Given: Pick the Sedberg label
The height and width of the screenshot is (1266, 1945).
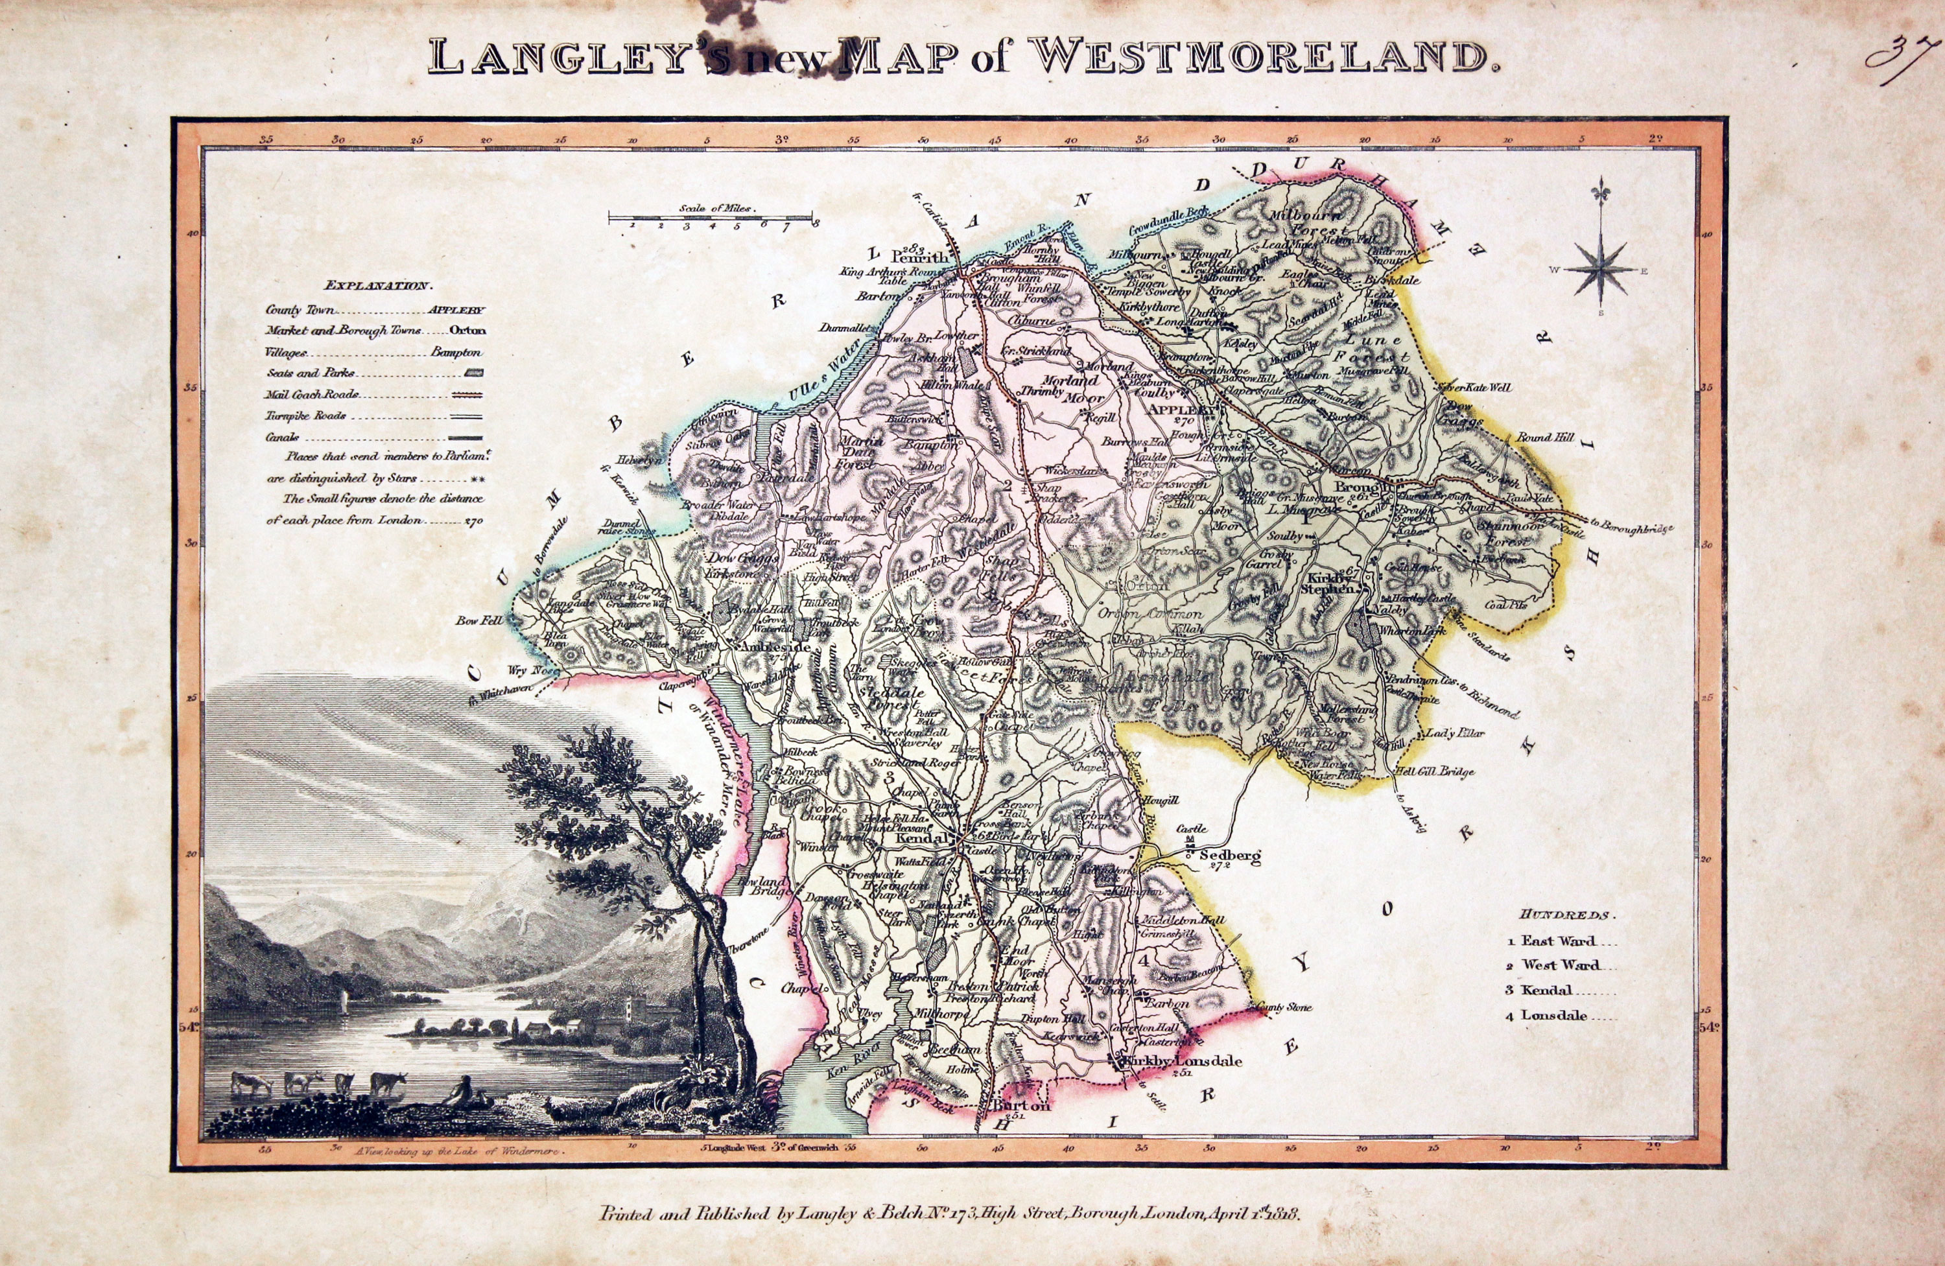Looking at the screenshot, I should tap(1229, 856).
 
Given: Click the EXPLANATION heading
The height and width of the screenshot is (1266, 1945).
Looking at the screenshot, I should tap(376, 286).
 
